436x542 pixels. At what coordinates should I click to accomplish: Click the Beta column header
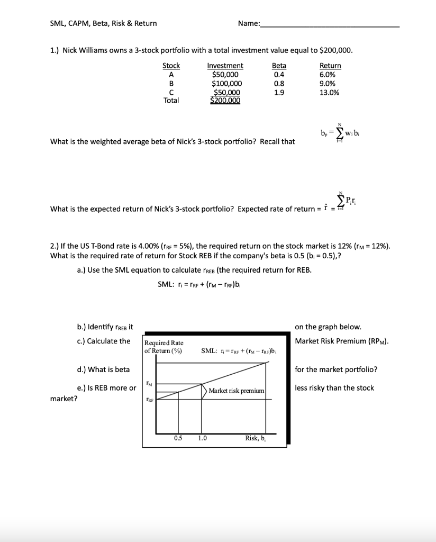click(278, 66)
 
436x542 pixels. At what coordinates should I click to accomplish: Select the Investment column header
click(225, 66)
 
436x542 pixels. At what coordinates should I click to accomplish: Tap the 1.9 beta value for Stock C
click(278, 92)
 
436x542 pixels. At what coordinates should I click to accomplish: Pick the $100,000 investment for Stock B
click(226, 83)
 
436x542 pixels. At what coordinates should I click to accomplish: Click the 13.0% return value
click(330, 92)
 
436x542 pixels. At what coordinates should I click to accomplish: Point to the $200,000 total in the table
click(225, 101)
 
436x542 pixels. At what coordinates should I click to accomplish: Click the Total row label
click(171, 100)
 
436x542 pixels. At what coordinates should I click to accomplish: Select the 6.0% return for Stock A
click(328, 75)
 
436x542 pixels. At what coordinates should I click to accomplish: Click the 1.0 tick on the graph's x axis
click(202, 438)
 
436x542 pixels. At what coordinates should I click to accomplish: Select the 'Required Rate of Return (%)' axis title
click(163, 346)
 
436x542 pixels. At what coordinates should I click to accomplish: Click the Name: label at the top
click(249, 23)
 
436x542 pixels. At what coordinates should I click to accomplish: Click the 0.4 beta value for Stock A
click(278, 75)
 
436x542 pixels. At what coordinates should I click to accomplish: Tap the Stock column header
click(171, 66)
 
